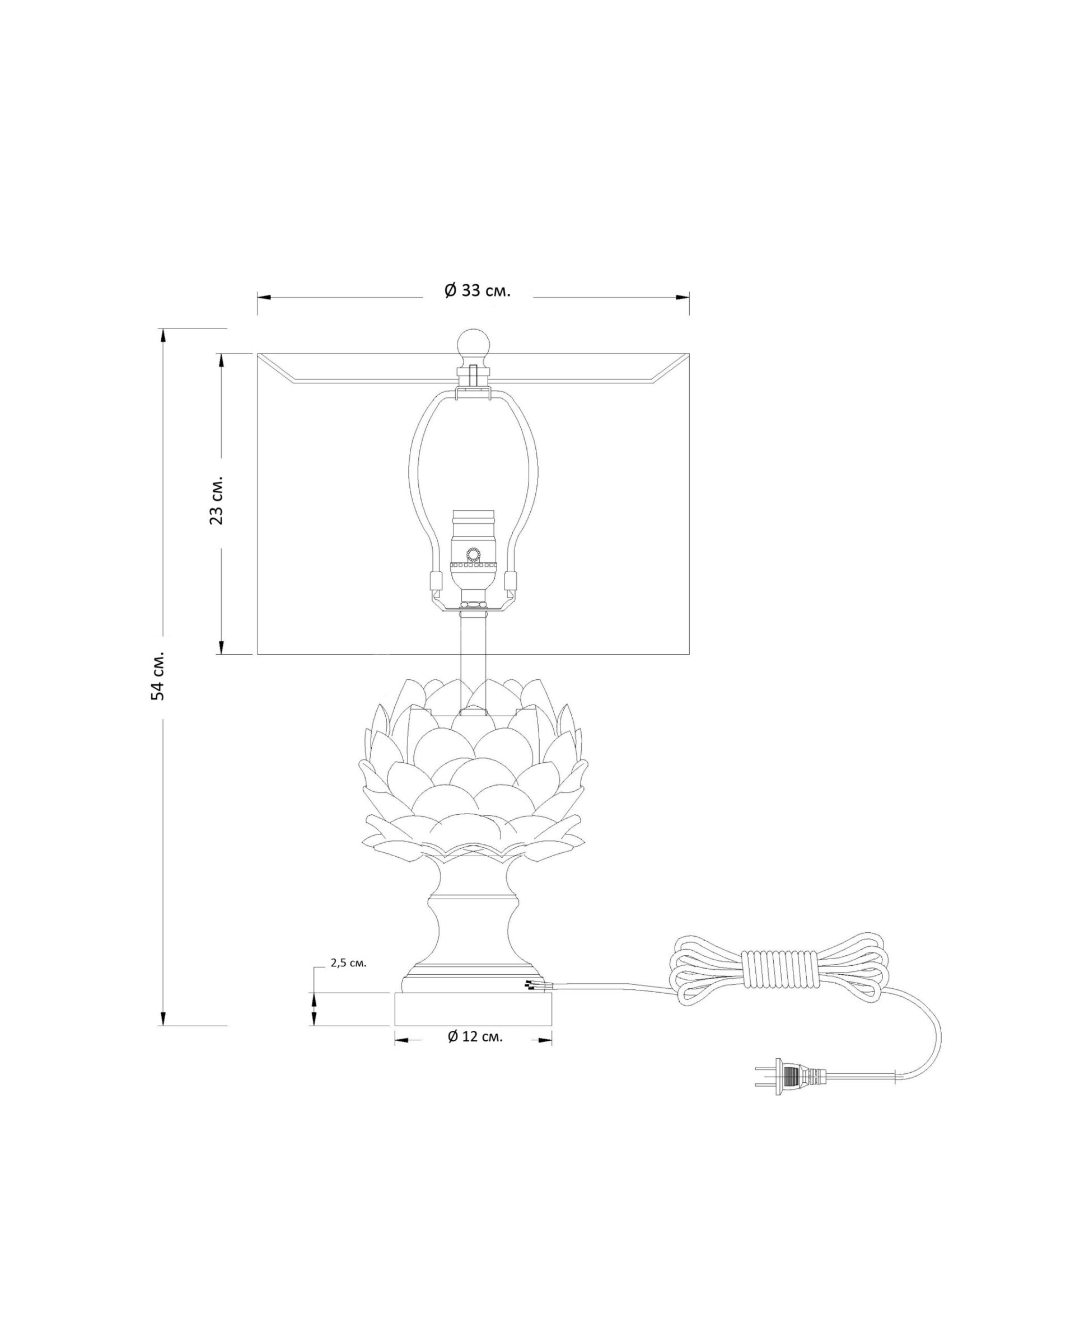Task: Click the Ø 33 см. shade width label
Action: click(478, 290)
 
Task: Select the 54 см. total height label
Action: click(159, 677)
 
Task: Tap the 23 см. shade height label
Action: click(216, 501)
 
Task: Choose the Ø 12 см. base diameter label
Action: click(475, 1036)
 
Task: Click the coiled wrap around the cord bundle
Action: click(777, 975)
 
